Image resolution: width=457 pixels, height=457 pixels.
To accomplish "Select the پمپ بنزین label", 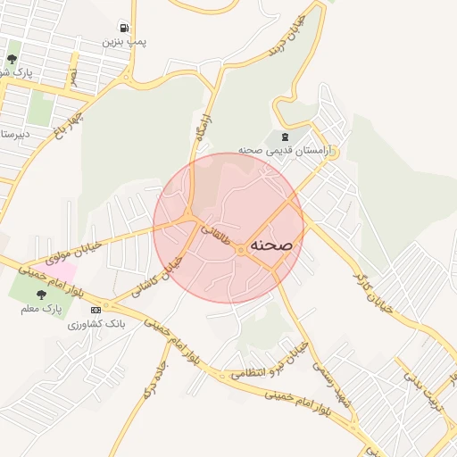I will tap(123, 42).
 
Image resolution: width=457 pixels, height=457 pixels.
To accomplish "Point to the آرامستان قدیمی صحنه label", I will tap(285, 151).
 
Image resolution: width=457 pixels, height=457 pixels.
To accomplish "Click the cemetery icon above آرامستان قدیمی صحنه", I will tap(285, 137).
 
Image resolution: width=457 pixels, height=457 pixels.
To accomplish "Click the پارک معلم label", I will tap(41, 308).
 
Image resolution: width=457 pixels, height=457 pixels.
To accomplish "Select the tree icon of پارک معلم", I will tap(41, 293).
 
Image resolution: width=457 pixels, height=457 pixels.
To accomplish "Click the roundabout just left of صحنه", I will tap(241, 250).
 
